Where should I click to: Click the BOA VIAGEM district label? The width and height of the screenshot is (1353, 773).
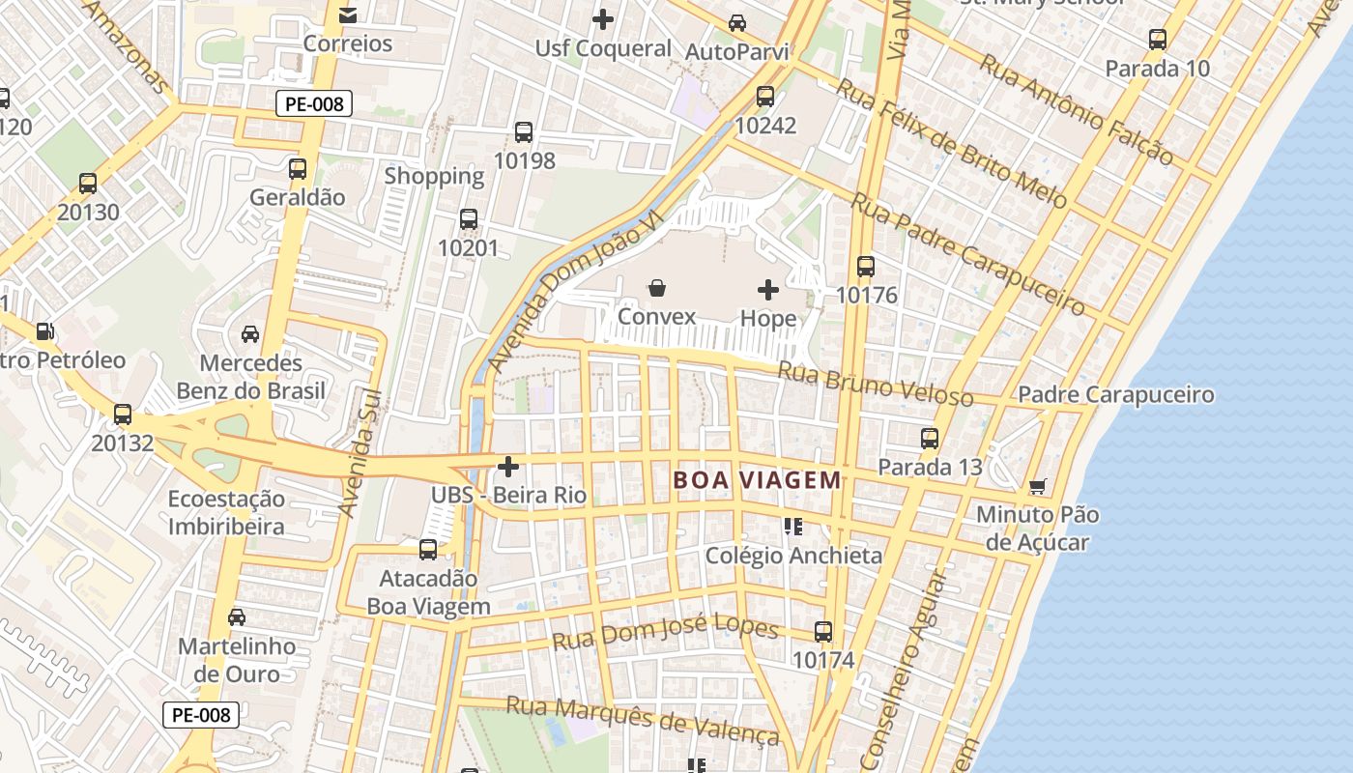coord(757,480)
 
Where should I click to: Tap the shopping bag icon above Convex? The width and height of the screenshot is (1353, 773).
coord(657,288)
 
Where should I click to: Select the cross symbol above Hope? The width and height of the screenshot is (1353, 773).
coord(768,290)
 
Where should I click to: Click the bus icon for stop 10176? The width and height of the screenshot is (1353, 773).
coord(866,267)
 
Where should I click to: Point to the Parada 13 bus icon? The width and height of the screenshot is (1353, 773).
coord(930,439)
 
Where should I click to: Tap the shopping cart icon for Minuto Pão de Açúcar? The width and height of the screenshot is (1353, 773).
coord(1038,486)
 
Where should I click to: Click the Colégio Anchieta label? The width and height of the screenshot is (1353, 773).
coord(793,556)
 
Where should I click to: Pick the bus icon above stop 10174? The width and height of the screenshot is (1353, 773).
coord(823,632)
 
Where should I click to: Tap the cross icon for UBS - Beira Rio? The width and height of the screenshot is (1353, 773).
coord(508,468)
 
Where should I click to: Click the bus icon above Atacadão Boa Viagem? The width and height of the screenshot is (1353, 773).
coord(428,550)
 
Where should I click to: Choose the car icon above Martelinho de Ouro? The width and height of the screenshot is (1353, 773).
coord(237,617)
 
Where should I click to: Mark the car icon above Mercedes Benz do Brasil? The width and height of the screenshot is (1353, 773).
coord(250,334)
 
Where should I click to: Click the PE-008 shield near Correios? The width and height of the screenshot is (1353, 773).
coord(314,103)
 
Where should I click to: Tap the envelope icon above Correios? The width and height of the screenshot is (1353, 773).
coord(348,15)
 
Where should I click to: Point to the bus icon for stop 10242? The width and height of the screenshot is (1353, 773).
coord(765,97)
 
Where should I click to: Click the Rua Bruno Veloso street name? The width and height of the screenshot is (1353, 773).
coord(876,384)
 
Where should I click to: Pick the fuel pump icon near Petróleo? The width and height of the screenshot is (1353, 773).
coord(44,331)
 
